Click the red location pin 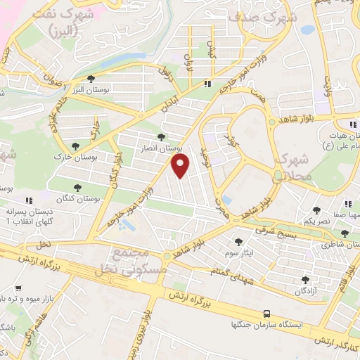coord(181,166)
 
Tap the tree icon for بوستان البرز coord(90,79)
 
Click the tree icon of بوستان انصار coord(162,138)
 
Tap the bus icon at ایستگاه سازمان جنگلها coord(266,314)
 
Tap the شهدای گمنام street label coord(233,276)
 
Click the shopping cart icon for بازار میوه coord(18,288)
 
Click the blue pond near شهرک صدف coord(308,30)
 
